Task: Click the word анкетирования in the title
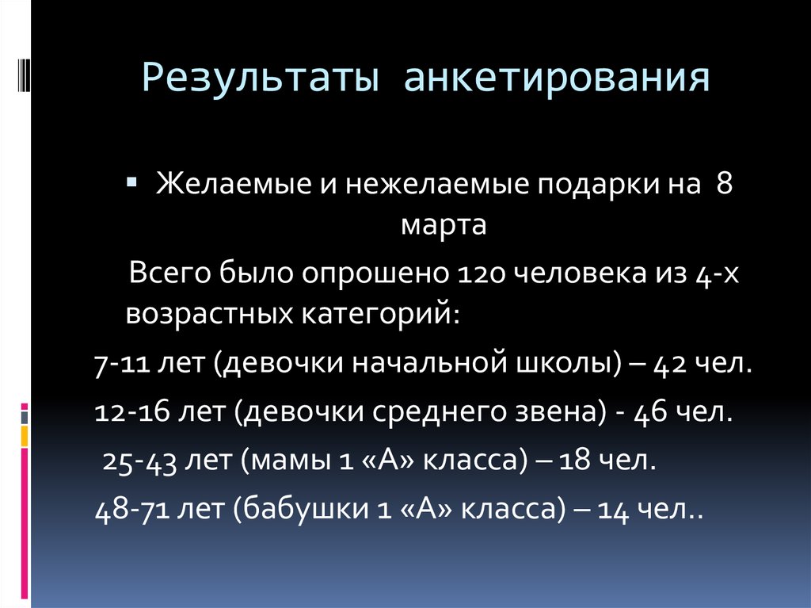point(558,80)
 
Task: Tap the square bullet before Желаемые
point(131,183)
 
